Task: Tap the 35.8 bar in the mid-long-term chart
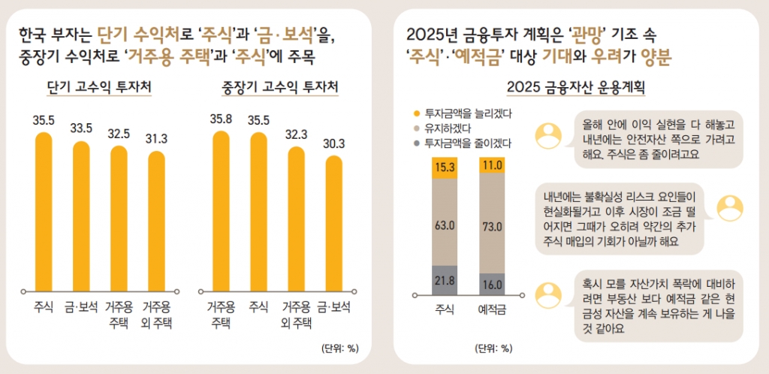(x=221, y=211)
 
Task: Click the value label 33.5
(x=81, y=128)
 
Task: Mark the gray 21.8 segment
(x=444, y=280)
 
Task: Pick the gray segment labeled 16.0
(x=492, y=284)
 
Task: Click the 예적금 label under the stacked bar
(x=492, y=309)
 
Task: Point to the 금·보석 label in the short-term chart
(x=81, y=306)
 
